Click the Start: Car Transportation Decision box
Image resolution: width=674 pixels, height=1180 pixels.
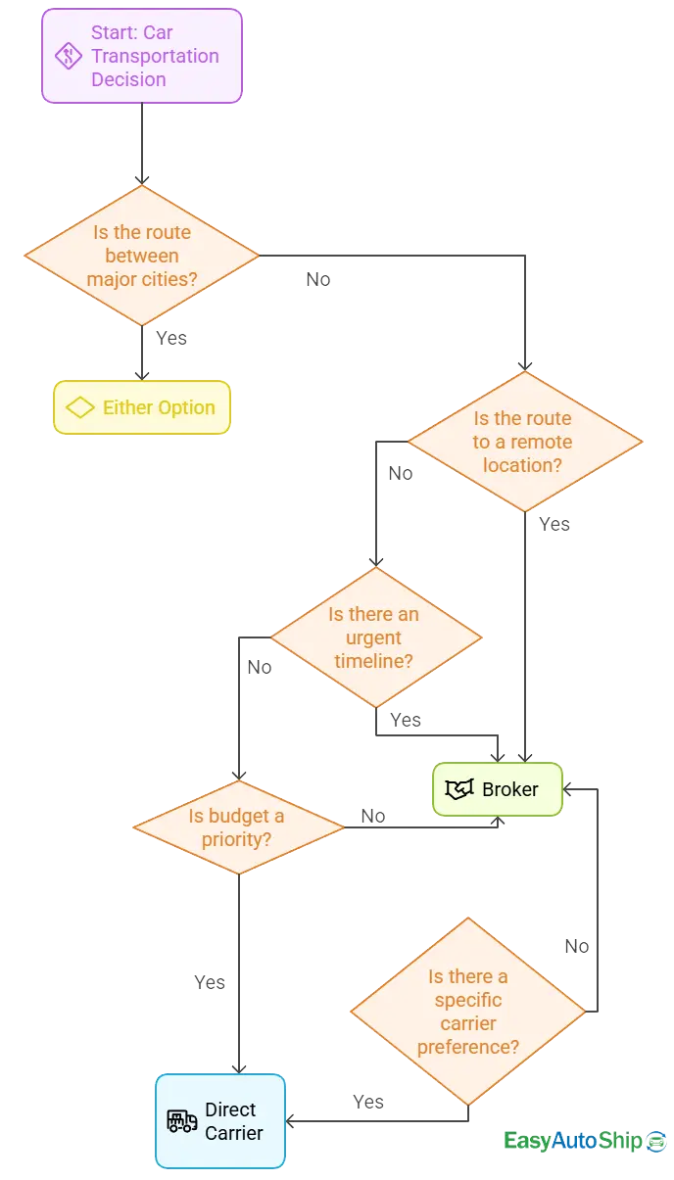(x=141, y=56)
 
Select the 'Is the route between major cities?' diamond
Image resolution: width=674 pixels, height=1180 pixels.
(x=142, y=256)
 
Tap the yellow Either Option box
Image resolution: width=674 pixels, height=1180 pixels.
(x=142, y=407)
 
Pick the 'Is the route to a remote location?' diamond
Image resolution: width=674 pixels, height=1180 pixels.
(x=524, y=442)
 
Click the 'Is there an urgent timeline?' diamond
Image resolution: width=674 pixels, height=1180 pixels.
(x=374, y=637)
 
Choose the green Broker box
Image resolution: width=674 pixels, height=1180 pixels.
(x=498, y=789)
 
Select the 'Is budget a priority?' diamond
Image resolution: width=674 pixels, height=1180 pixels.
(x=238, y=828)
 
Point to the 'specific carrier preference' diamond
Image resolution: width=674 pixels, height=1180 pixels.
(x=468, y=1012)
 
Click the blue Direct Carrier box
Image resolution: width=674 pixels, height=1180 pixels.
(x=220, y=1121)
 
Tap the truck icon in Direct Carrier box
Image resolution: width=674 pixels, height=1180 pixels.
(x=182, y=1121)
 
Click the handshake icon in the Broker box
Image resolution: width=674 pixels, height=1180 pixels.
(x=459, y=789)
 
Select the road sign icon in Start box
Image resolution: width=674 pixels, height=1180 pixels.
(x=68, y=56)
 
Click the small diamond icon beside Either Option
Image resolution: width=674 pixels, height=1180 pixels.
(x=79, y=407)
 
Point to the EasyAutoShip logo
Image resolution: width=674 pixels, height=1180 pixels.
(x=584, y=1141)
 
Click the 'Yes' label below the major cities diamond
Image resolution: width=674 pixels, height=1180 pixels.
(x=171, y=338)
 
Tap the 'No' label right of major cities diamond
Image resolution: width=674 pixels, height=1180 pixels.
(x=318, y=280)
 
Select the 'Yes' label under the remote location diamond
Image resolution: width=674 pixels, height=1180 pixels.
(x=554, y=525)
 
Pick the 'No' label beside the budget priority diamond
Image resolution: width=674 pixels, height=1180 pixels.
(x=372, y=816)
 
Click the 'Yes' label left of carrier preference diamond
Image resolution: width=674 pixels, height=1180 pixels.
(x=368, y=1103)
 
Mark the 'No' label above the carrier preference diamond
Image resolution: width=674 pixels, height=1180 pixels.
(x=577, y=946)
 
